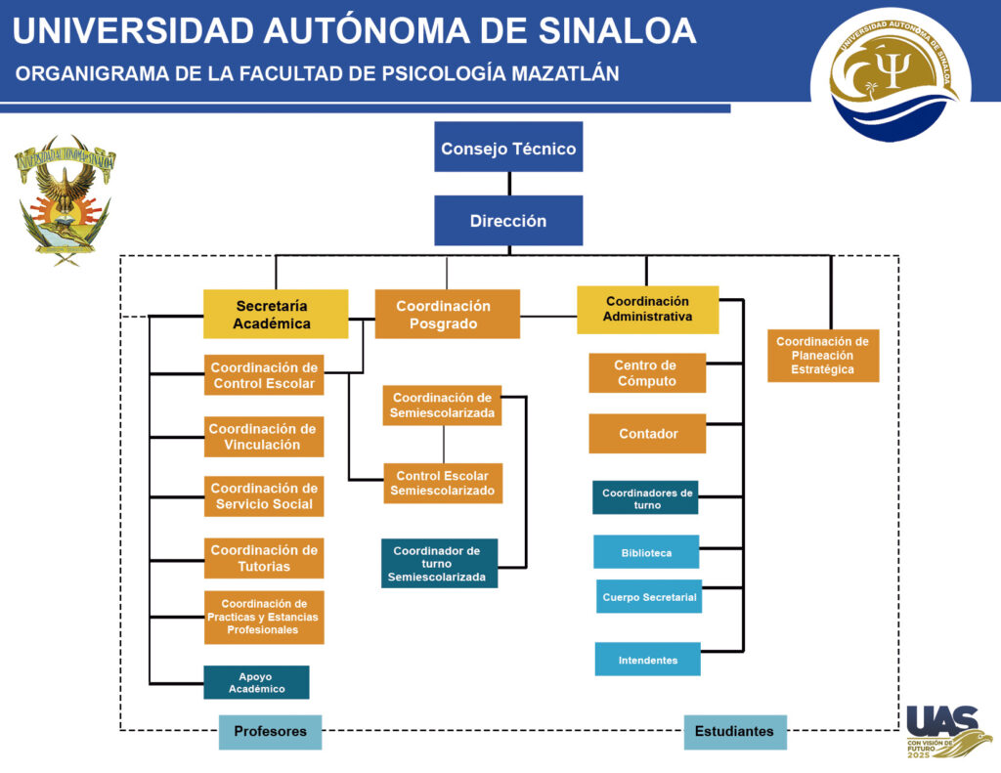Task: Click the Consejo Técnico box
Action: pos(508,147)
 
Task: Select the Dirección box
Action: pos(508,220)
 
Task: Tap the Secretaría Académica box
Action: pos(276,314)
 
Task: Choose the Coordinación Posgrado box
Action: pos(447,314)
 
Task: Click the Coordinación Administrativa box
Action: pos(648,310)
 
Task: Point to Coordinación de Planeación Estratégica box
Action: pos(823,356)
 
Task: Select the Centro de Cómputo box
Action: pos(647,372)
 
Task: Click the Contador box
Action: pos(647,434)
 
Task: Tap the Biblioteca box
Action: pos(646,551)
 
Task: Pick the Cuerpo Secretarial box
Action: pos(649,596)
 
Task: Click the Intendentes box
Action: pos(648,659)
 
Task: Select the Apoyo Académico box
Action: pos(257,682)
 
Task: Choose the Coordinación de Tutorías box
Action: pos(264,558)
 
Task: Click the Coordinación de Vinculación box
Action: pos(264,437)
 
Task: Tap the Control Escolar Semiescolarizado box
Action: pos(443,483)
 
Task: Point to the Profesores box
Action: pos(270,732)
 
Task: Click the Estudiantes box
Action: pos(735,732)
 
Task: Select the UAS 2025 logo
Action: pos(948,731)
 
